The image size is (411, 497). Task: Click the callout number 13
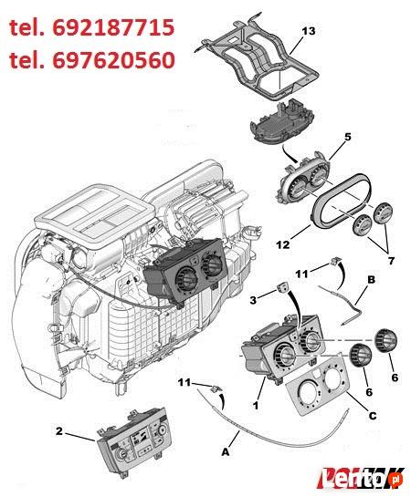pyautogui.click(x=308, y=31)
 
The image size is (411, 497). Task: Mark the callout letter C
pyautogui.click(x=370, y=416)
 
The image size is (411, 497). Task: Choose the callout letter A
pyautogui.click(x=226, y=450)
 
